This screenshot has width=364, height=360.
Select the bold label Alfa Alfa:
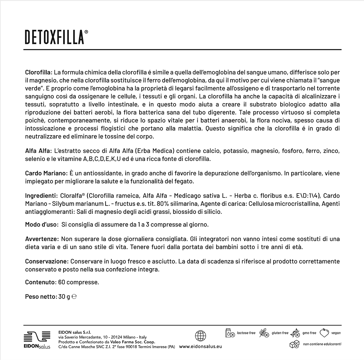(x=39, y=151)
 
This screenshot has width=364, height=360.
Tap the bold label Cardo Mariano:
(x=46, y=173)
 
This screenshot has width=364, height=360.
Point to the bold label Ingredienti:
(x=41, y=195)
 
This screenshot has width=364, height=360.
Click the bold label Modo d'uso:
(x=42, y=225)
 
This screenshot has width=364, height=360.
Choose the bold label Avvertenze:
(x=42, y=239)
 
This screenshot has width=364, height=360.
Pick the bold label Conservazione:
(x=47, y=261)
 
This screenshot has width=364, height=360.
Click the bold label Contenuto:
(x=41, y=282)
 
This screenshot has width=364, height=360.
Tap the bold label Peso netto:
(x=41, y=297)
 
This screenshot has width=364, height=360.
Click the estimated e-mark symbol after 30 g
(x=74, y=297)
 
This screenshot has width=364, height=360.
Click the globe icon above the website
(x=201, y=335)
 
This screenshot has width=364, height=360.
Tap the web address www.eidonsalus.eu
(x=201, y=346)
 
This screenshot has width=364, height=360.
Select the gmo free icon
(x=295, y=333)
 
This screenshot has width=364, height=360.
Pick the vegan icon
(x=325, y=333)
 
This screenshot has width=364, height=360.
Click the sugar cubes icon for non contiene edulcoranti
(x=295, y=344)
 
